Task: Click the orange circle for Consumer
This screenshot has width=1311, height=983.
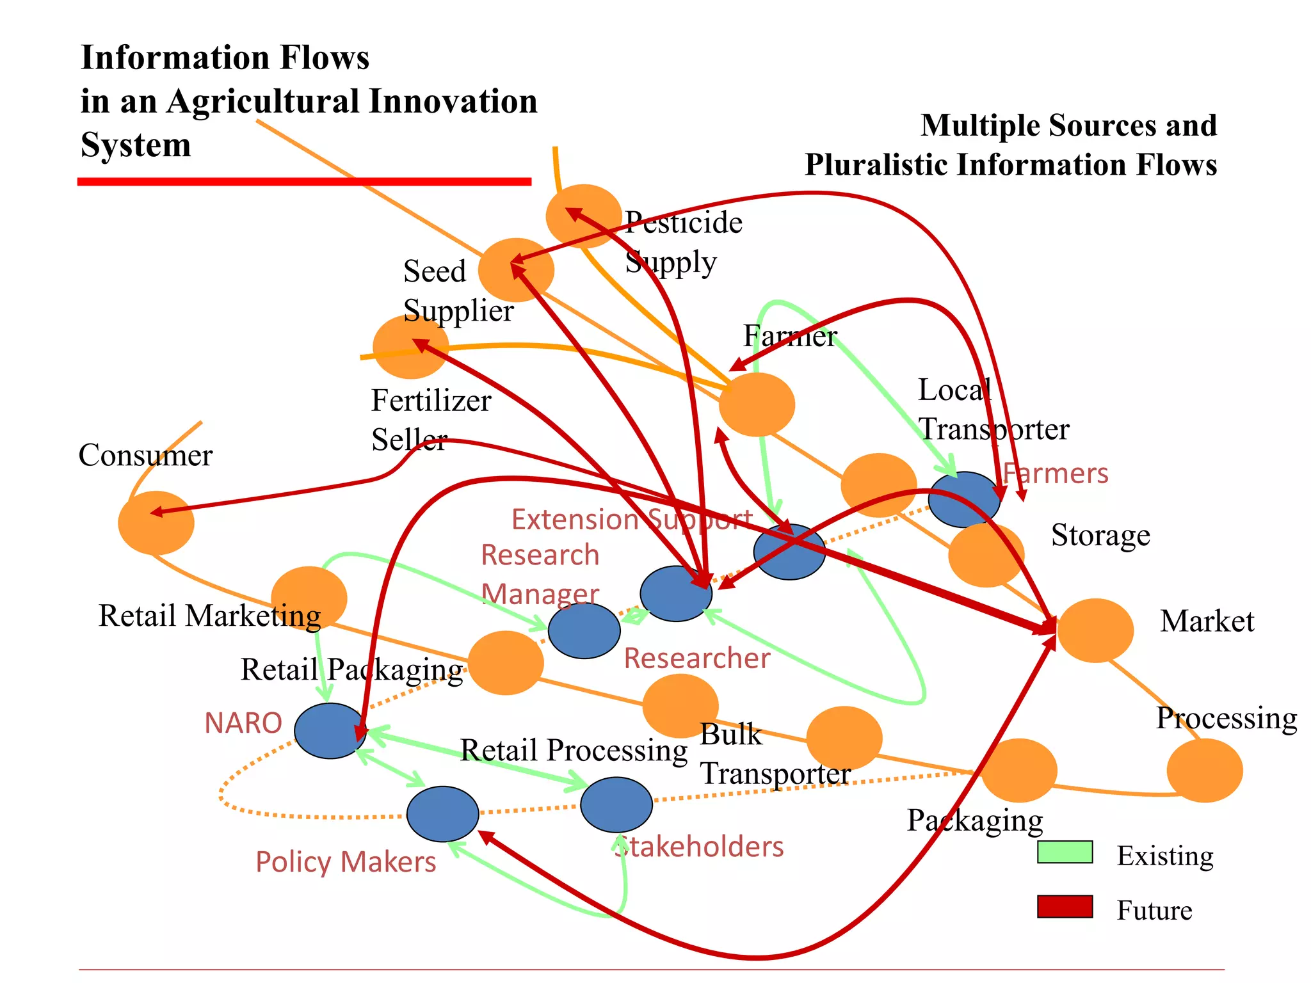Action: click(156, 523)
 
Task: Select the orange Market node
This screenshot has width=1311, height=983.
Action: click(1095, 630)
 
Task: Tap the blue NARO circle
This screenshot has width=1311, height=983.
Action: click(330, 731)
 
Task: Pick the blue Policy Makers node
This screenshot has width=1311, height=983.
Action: click(443, 814)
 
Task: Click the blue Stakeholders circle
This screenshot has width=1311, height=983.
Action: click(616, 804)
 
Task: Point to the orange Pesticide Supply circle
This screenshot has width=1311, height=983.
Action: click(583, 216)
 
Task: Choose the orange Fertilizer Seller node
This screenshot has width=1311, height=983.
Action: click(410, 347)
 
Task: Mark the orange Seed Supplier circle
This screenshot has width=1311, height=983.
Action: click(516, 270)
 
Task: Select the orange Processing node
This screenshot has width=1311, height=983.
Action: click(1205, 771)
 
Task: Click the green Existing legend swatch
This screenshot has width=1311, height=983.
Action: click(1065, 852)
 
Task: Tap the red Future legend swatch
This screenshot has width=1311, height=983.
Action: click(1065, 906)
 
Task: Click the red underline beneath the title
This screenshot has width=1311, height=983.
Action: click(304, 182)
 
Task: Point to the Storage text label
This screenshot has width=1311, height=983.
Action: click(1100, 535)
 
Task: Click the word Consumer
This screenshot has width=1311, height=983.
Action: click(145, 456)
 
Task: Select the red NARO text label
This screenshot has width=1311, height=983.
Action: click(243, 723)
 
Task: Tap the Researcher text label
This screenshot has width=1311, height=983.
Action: click(697, 658)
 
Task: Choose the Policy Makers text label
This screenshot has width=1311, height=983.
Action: click(346, 861)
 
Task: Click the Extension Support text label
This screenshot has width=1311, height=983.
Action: click(632, 519)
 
